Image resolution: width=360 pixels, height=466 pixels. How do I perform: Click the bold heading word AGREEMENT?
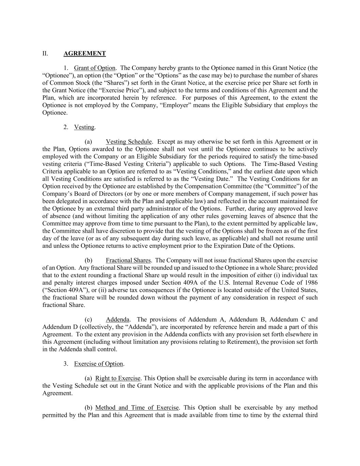coord(85,53)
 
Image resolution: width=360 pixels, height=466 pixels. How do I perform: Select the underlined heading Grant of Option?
coord(95,68)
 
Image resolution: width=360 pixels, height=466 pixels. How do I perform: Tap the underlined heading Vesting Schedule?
coord(129,142)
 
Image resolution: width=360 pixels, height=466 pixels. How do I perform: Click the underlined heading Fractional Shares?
coord(128,260)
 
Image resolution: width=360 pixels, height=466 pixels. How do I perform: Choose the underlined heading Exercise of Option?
coord(98,364)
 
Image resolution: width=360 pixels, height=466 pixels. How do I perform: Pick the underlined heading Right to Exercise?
coord(118,378)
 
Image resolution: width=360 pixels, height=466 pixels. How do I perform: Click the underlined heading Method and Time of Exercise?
coord(137,408)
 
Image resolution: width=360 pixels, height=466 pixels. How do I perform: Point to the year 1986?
coord(310,283)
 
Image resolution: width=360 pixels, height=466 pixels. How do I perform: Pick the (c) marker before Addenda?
coord(88,320)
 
